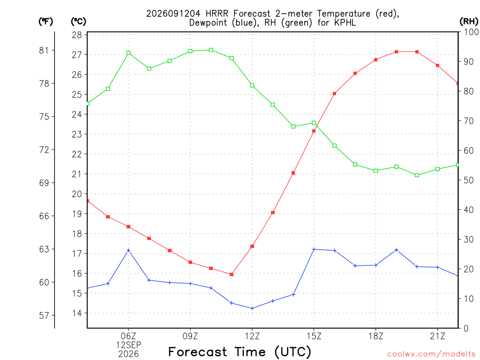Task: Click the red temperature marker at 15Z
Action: point(314,131)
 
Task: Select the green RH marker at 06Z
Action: point(128,53)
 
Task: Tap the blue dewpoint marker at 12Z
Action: point(252,308)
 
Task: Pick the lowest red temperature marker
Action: point(232,274)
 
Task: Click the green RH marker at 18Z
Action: point(376,171)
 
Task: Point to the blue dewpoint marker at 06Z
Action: point(128,250)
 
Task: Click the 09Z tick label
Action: point(190,336)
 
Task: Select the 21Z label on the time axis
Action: point(437,336)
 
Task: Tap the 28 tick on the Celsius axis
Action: point(77,35)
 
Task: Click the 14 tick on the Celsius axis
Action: point(77,313)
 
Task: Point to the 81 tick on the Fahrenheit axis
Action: point(44,50)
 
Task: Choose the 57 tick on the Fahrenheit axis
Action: point(44,315)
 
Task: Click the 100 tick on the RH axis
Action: point(472,32)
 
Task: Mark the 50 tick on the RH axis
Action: point(469,180)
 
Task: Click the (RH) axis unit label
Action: point(469,21)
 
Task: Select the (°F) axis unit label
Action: point(45,22)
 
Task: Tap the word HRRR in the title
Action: point(217,14)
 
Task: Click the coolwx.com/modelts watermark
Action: point(431,354)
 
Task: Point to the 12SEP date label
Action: point(128,345)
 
